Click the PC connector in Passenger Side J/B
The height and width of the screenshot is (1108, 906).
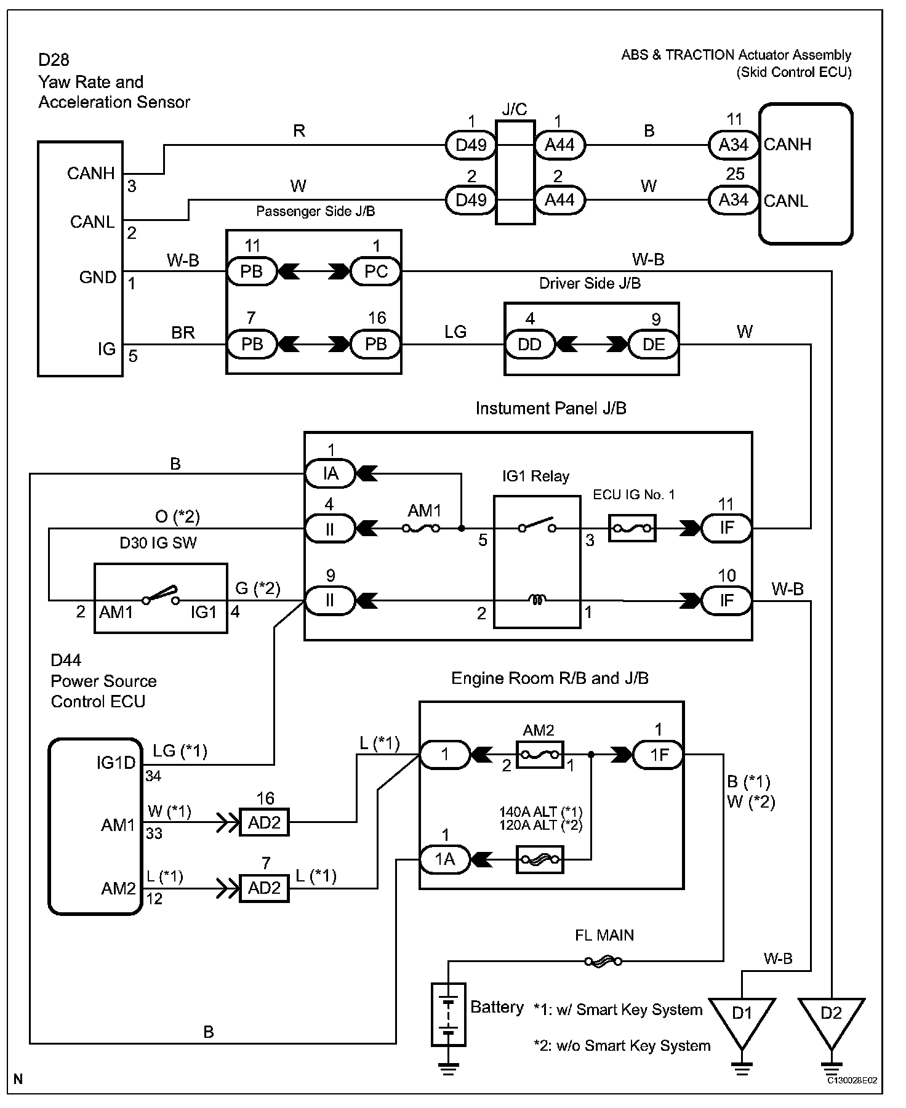tap(375, 271)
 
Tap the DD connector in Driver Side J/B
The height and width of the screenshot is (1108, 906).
tap(529, 344)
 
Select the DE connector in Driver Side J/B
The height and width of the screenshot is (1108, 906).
tap(654, 344)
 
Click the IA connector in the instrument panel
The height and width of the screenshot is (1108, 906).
tap(331, 473)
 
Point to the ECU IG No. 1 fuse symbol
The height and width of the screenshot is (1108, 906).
tap(632, 528)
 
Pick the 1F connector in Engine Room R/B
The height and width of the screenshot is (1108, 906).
tap(659, 754)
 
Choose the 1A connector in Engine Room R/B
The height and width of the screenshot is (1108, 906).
tap(444, 859)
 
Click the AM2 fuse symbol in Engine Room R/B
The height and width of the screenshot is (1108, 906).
tap(539, 754)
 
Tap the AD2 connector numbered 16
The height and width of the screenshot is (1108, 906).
tap(264, 822)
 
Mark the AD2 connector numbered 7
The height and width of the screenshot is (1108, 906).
tap(264, 888)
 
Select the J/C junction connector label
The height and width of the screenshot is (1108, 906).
tap(515, 110)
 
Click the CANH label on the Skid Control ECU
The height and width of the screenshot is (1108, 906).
tap(788, 145)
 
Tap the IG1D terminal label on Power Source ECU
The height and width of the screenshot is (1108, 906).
tap(116, 763)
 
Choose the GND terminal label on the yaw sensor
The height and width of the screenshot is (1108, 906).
tap(98, 278)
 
